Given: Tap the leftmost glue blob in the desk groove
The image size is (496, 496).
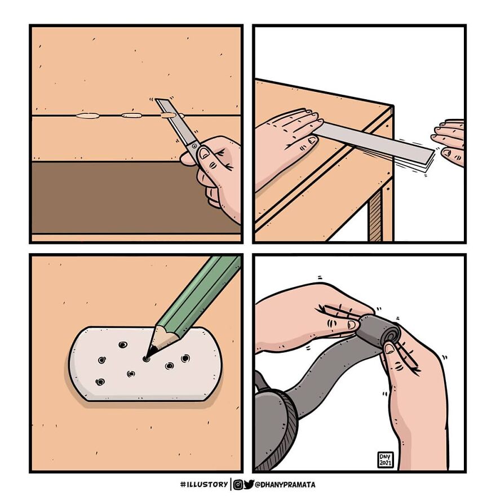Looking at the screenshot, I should pyautogui.click(x=87, y=117).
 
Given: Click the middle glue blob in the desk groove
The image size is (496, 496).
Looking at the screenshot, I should pyautogui.click(x=131, y=116).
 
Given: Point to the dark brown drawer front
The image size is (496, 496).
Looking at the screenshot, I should pyautogui.click(x=113, y=197).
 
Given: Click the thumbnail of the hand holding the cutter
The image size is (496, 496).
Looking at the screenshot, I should pyautogui.click(x=205, y=153).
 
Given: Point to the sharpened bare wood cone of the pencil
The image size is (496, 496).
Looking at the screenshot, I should pyautogui.click(x=161, y=340).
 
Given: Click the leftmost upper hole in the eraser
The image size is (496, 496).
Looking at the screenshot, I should pyautogui.click(x=122, y=345).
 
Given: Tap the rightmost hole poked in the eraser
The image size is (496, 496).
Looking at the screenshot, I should pyautogui.click(x=185, y=358).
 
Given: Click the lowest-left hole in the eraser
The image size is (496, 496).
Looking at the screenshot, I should pyautogui.click(x=100, y=382).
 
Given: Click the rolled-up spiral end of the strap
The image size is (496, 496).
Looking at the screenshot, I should pyautogui.click(x=389, y=334).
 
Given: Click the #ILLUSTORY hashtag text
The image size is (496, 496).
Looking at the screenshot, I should pyautogui.click(x=203, y=484).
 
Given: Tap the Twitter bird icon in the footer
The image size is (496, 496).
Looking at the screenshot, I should pyautogui.click(x=249, y=484).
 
